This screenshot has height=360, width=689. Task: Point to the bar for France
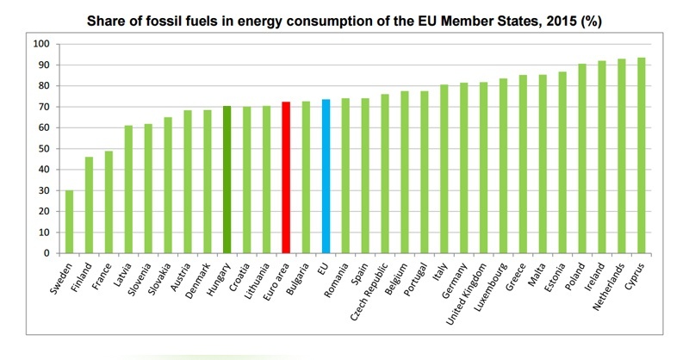pos(109,202)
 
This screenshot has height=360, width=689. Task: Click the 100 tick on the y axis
pos(40,44)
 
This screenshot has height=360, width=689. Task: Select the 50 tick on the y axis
pos(42,149)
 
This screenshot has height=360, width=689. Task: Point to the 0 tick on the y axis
pos(46,253)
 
